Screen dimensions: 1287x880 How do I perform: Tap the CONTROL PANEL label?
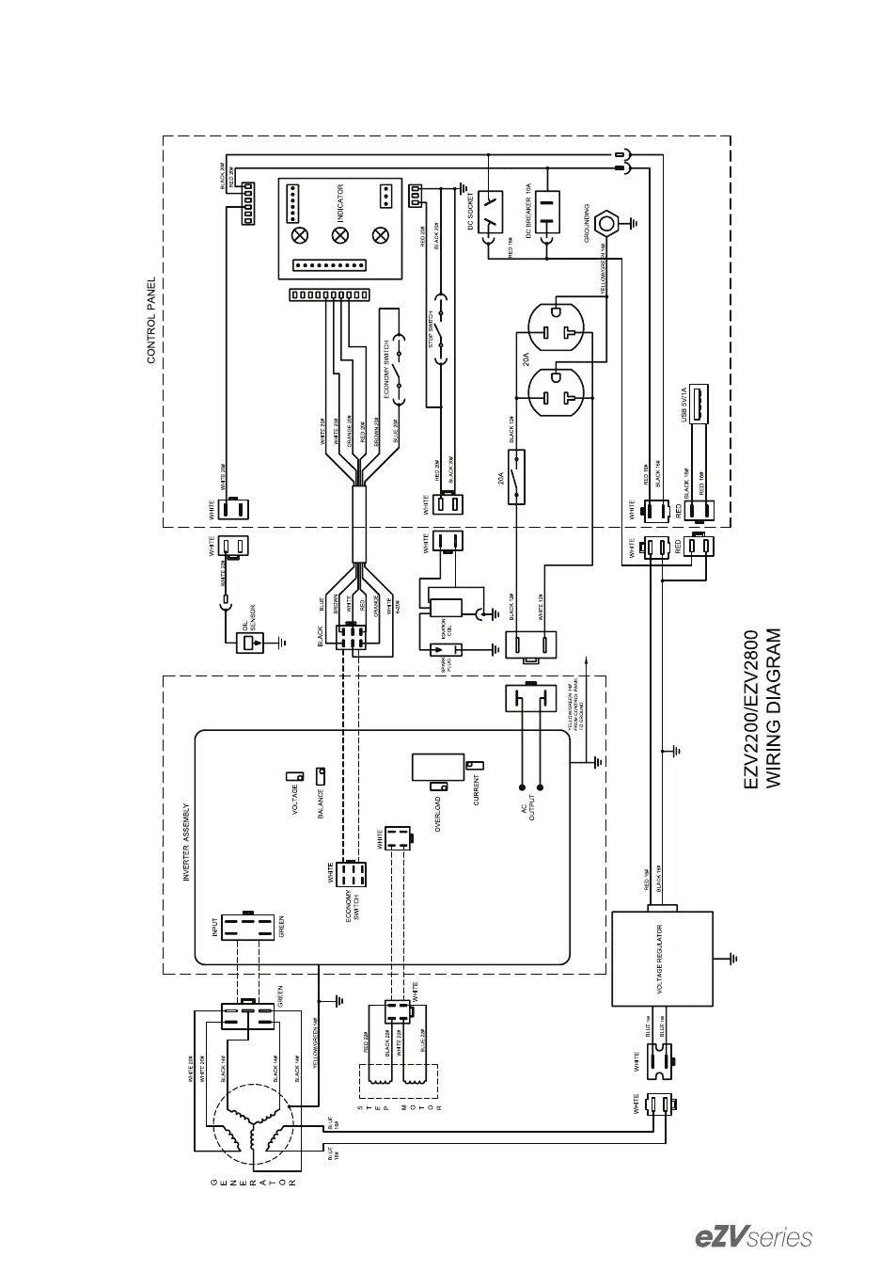(x=151, y=320)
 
